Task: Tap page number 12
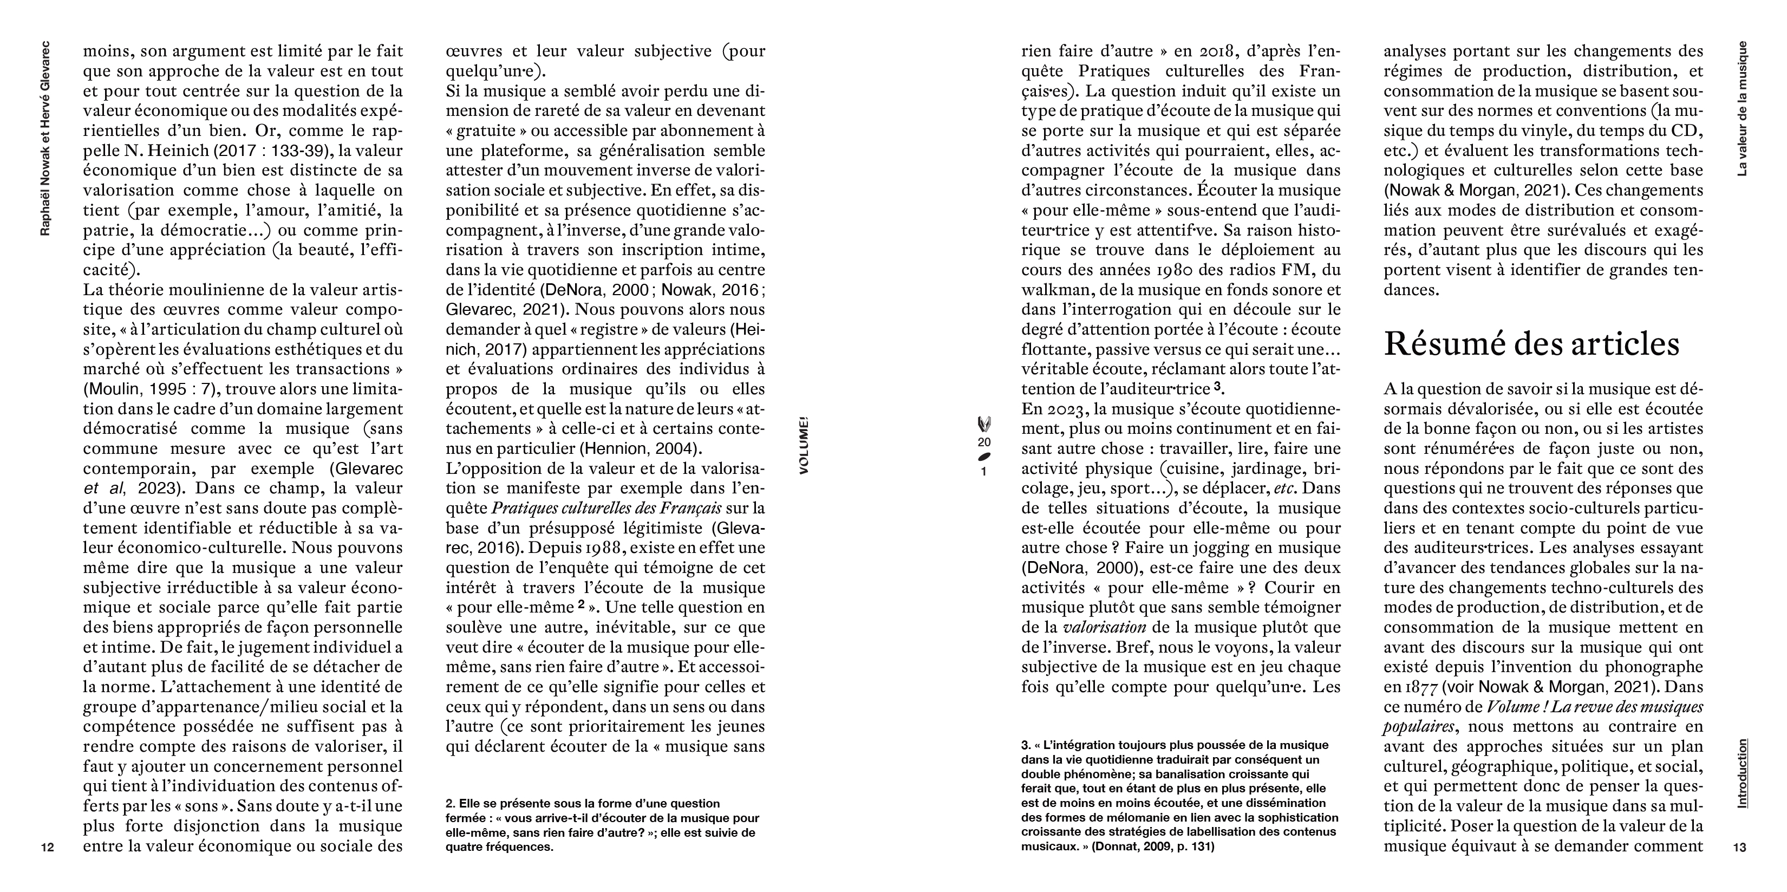tap(47, 848)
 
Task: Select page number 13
tap(1739, 848)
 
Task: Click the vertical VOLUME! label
tap(804, 445)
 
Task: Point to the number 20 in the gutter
tap(984, 442)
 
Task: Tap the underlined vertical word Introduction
tap(1741, 773)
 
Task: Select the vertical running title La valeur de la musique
tap(1741, 108)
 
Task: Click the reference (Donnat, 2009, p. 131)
tap(1153, 847)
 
